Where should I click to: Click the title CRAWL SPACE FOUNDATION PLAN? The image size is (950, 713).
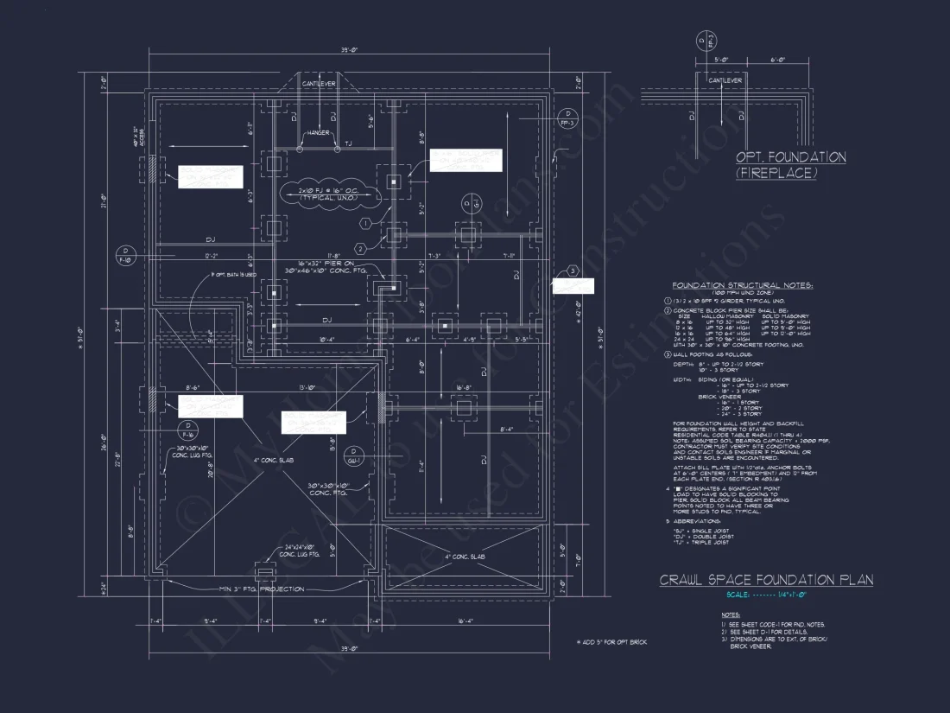pyautogui.click(x=766, y=580)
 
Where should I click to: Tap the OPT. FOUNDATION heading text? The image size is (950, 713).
pyautogui.click(x=790, y=157)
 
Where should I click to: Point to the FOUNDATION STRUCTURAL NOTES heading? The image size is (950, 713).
pyautogui.click(x=742, y=285)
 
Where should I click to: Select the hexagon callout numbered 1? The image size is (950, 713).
pyautogui.click(x=366, y=223)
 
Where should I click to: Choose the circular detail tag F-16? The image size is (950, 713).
pyautogui.click(x=186, y=430)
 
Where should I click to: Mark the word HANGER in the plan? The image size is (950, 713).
pyautogui.click(x=316, y=134)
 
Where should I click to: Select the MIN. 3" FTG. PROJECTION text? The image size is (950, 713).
pyautogui.click(x=261, y=589)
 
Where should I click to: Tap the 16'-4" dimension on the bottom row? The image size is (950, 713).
pyautogui.click(x=466, y=621)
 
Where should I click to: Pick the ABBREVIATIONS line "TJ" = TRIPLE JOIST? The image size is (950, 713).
pyautogui.click(x=704, y=542)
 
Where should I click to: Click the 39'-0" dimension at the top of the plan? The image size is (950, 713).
pyautogui.click(x=348, y=51)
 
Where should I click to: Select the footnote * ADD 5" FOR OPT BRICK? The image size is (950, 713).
pyautogui.click(x=611, y=642)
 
